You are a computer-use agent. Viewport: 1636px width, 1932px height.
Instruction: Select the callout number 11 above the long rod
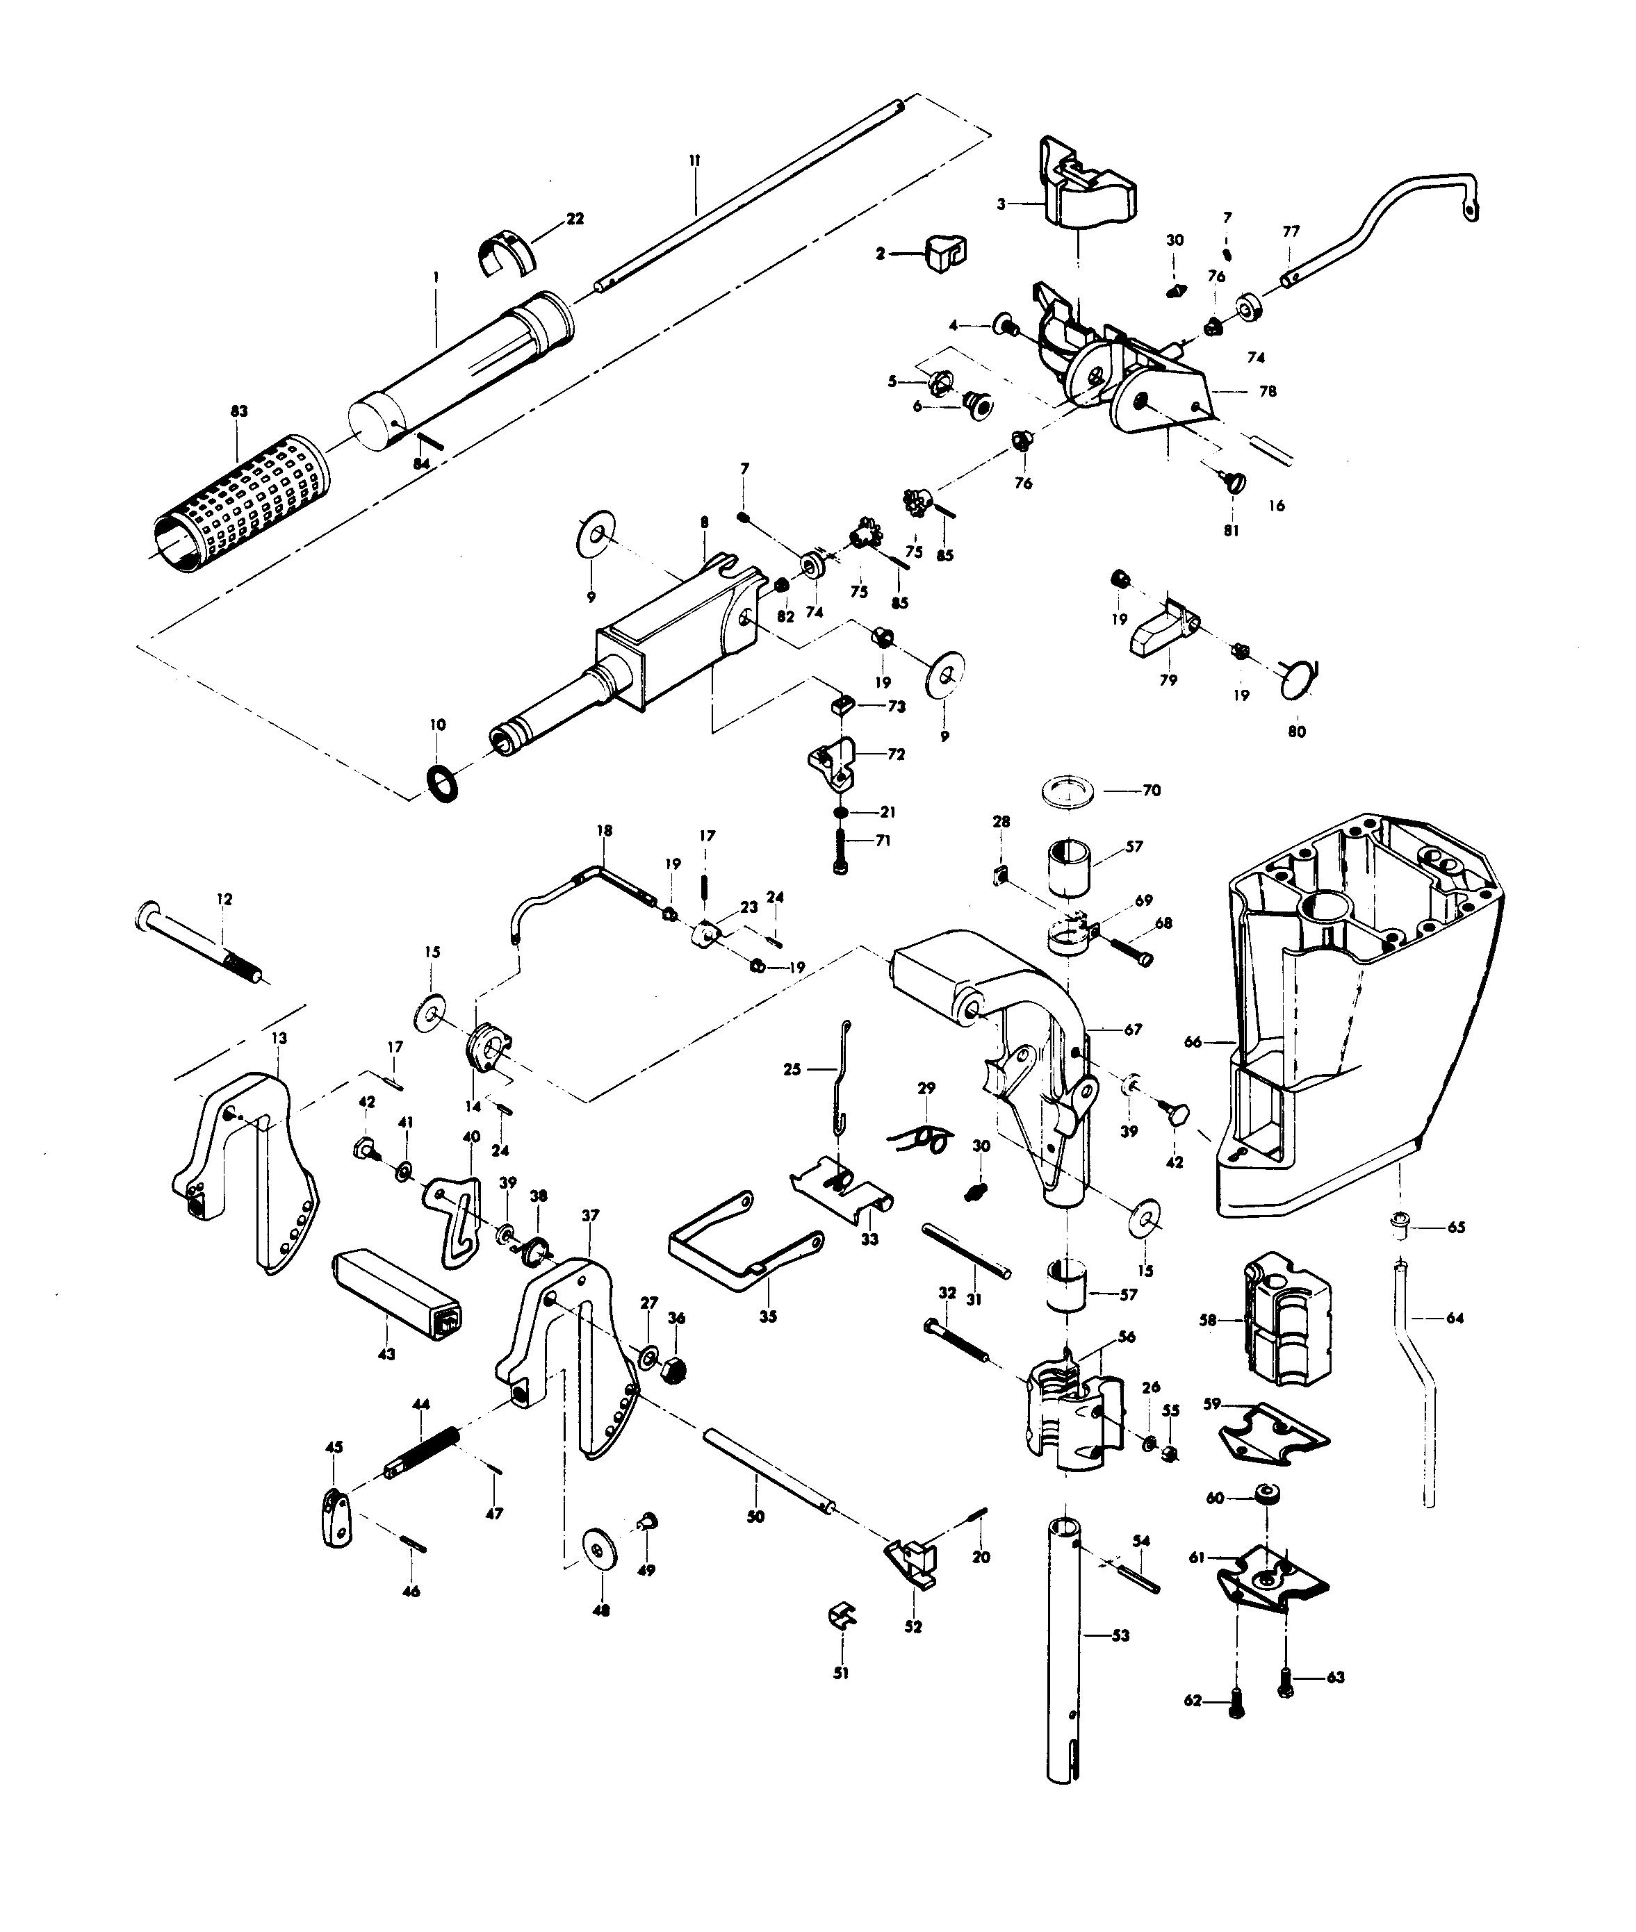tap(695, 160)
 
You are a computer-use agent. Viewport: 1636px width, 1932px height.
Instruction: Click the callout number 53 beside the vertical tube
tap(1120, 1635)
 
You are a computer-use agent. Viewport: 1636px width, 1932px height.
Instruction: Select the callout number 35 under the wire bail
tap(768, 1316)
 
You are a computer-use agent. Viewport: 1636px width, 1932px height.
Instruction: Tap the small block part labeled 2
tap(944, 253)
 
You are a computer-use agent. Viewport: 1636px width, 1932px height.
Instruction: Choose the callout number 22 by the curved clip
tap(575, 219)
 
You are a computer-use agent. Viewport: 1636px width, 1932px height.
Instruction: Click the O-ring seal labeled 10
tap(443, 784)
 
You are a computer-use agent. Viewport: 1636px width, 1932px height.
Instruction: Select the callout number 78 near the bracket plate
tap(1267, 391)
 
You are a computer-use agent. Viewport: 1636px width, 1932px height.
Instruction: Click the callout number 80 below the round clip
tap(1297, 732)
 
